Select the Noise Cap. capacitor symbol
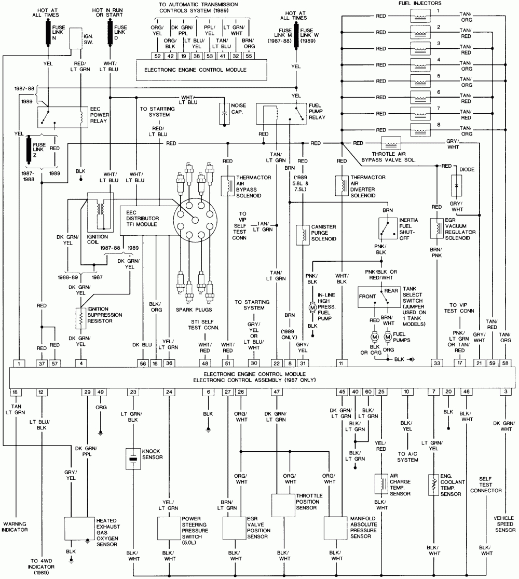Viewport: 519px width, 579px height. pos(224,114)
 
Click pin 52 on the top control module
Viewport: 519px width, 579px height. pos(157,55)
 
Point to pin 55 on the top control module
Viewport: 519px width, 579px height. pos(249,55)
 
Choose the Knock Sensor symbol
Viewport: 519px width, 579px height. pos(133,459)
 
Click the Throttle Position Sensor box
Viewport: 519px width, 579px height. pos(283,505)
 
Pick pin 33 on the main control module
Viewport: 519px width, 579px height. pos(438,362)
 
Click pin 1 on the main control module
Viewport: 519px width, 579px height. pos(19,362)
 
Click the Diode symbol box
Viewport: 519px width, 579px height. pos(457,185)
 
